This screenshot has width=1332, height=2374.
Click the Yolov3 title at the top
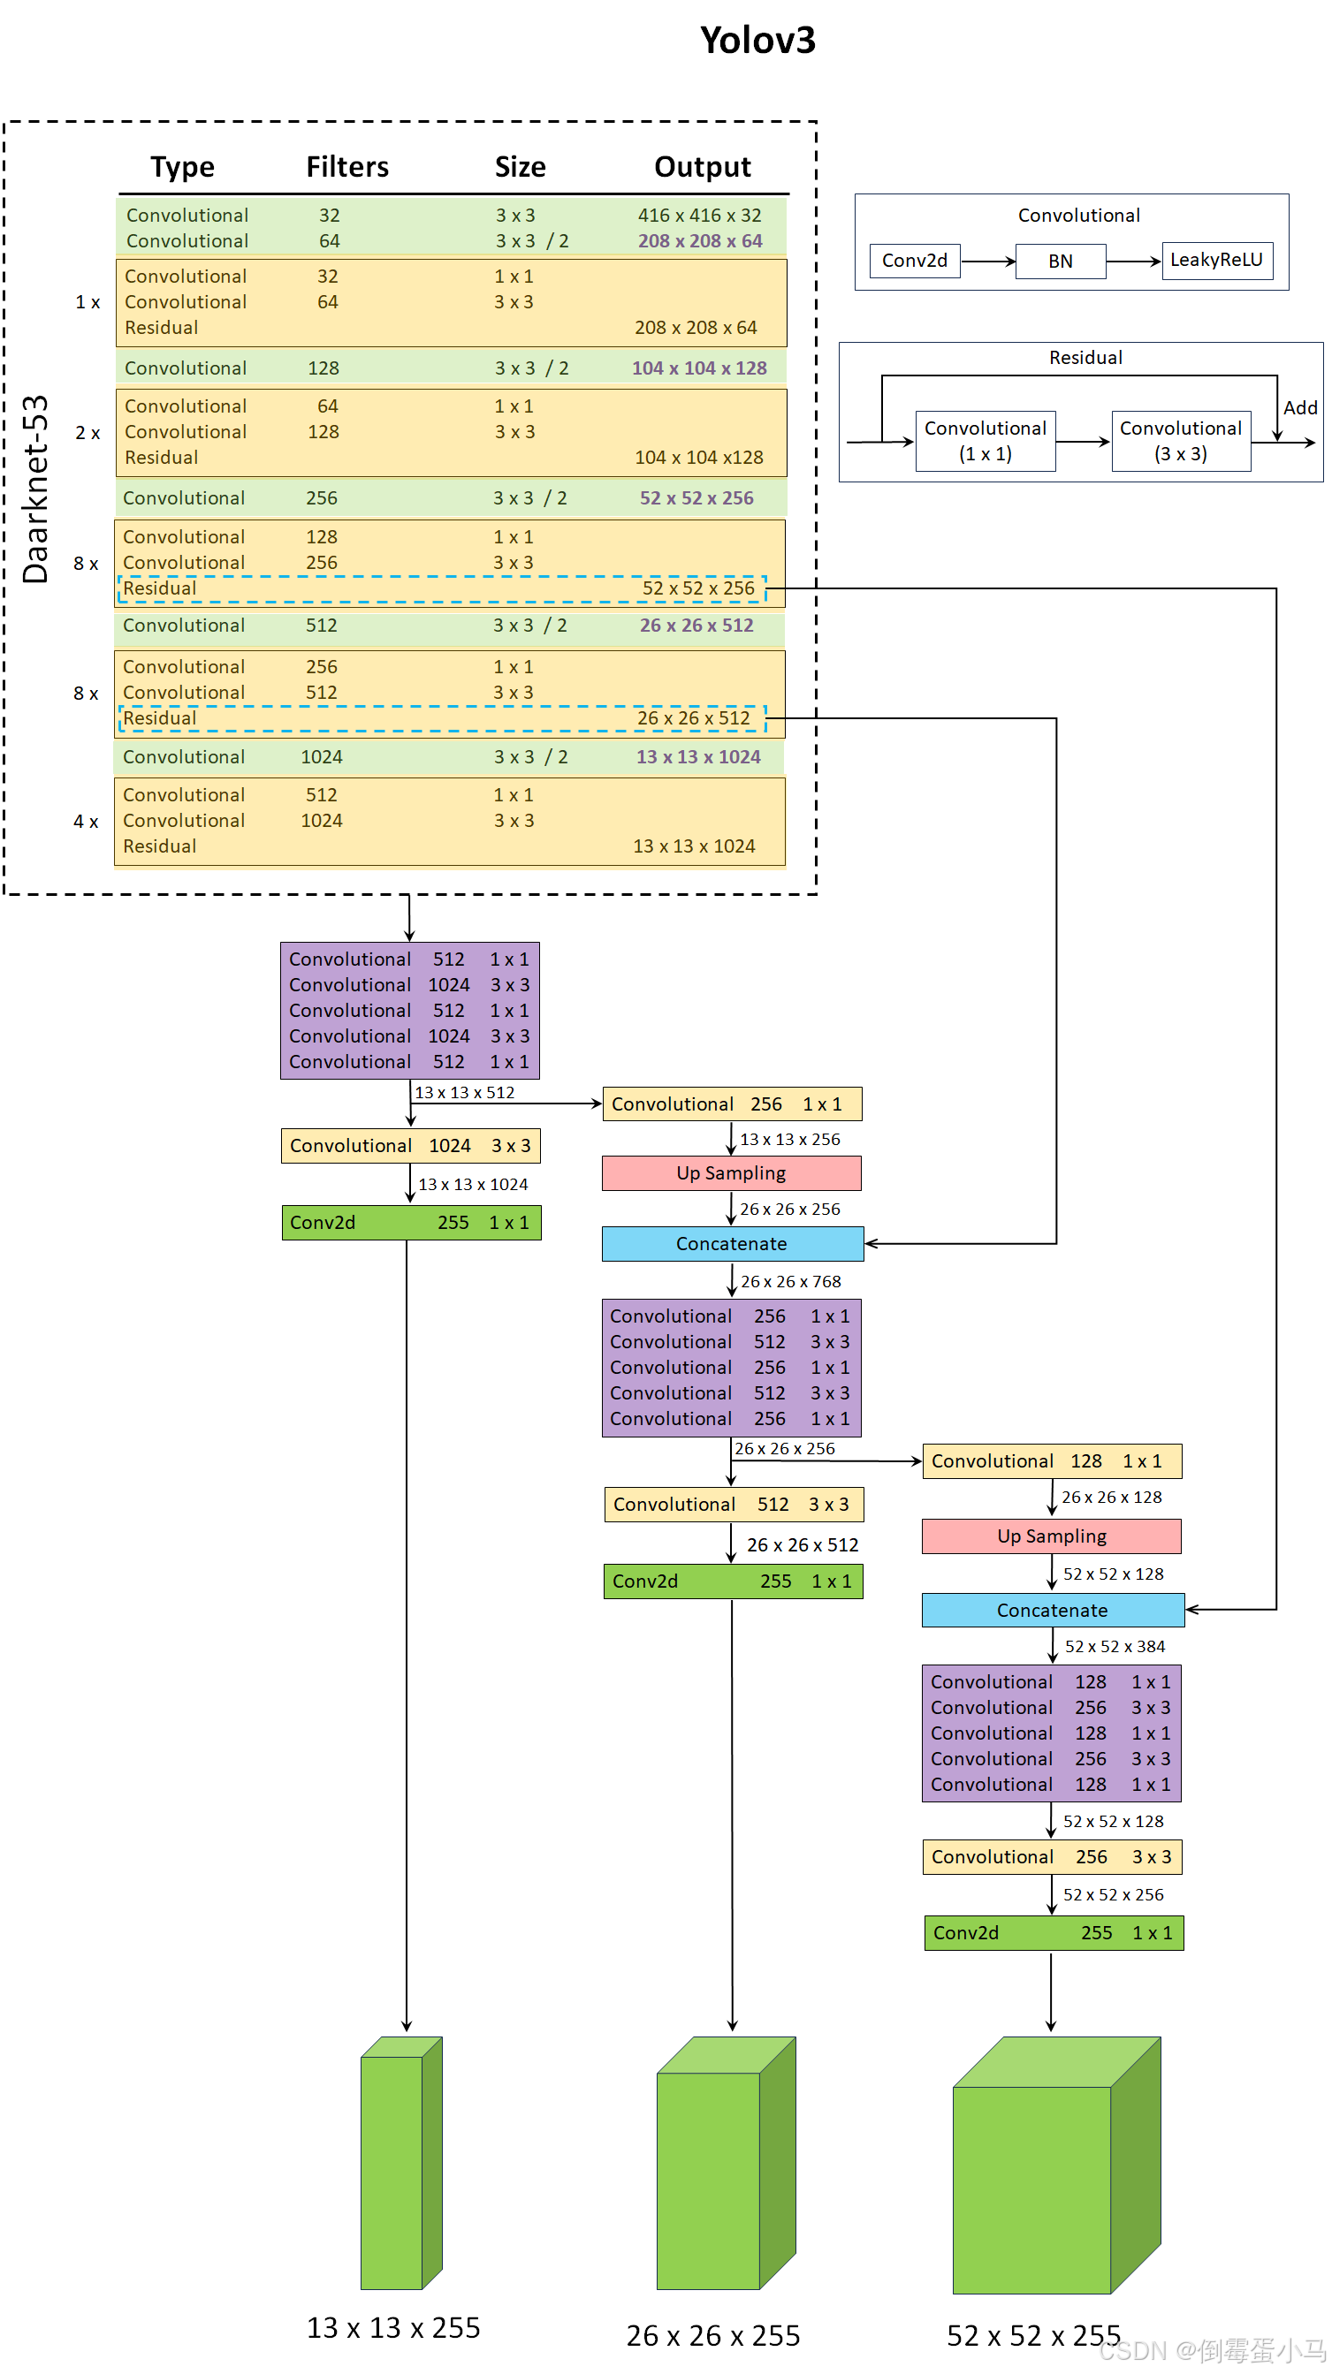point(757,41)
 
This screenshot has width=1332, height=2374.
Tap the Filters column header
point(346,167)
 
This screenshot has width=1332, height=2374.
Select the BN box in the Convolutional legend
point(1059,261)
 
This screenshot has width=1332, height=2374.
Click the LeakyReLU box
point(1216,260)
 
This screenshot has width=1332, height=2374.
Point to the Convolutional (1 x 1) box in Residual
point(985,441)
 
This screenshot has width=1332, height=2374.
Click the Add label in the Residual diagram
point(1298,407)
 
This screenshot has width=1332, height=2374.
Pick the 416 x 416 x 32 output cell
point(699,215)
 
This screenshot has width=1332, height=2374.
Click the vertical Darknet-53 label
point(35,489)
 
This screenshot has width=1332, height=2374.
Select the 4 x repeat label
point(86,821)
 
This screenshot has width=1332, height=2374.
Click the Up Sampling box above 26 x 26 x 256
point(731,1173)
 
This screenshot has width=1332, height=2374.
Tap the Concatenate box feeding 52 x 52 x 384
point(1052,1610)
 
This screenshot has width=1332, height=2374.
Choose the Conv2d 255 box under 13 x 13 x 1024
point(411,1222)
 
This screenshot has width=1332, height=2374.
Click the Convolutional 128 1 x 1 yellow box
point(1051,1460)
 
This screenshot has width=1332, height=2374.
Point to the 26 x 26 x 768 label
point(790,1281)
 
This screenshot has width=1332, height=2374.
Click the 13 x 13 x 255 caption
point(392,2327)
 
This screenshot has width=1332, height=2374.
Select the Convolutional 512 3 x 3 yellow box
point(734,1504)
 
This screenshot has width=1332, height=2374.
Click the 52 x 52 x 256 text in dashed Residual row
point(697,588)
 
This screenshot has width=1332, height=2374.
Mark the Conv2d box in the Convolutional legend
point(914,261)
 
